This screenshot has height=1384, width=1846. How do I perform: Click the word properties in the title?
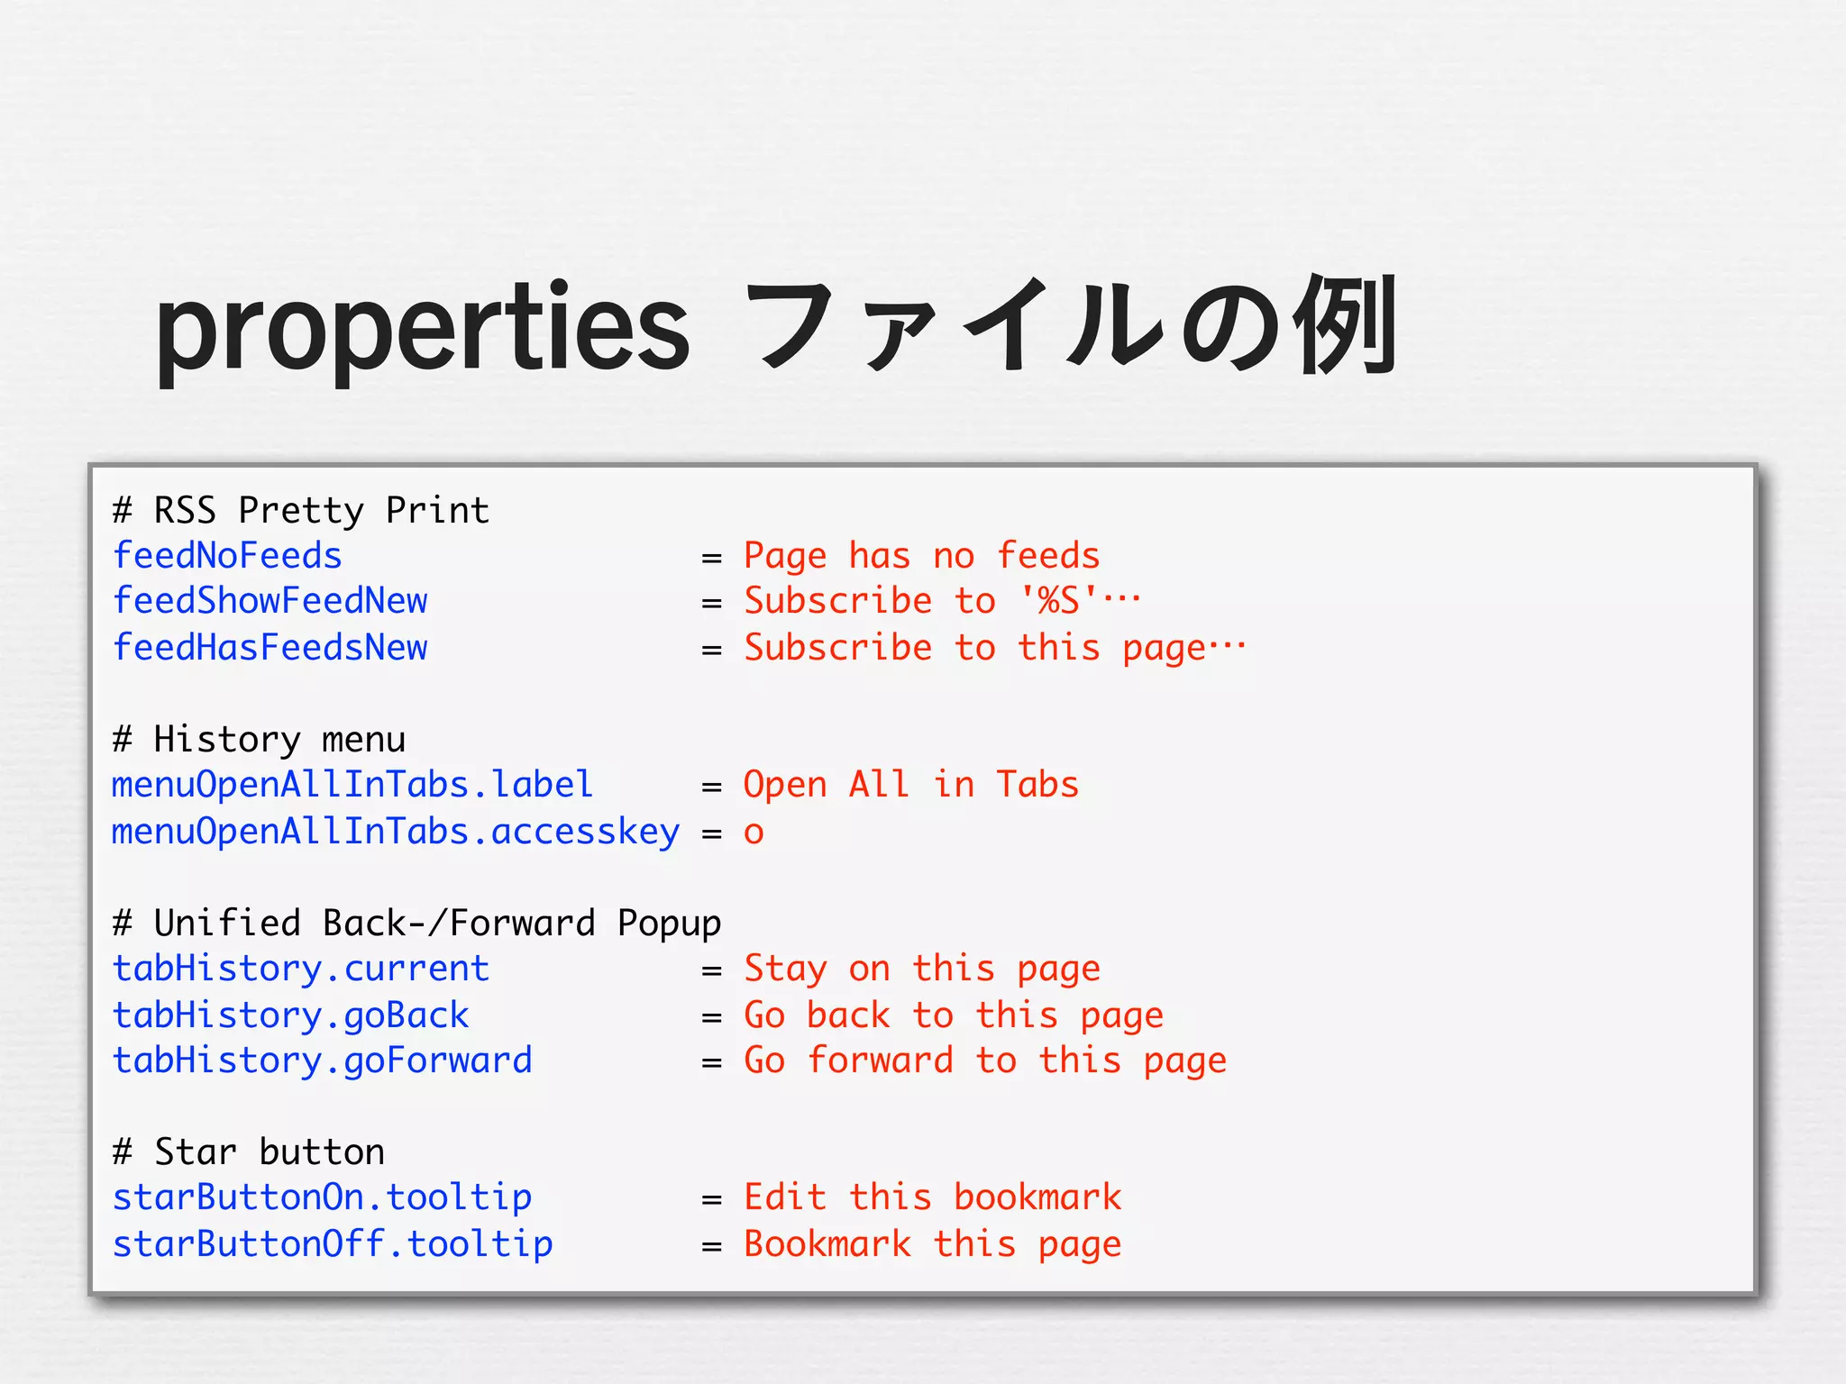coord(422,330)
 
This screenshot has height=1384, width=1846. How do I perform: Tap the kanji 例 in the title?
coord(1344,326)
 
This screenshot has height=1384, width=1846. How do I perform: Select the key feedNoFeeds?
coord(227,556)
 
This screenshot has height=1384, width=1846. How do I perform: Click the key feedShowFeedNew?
coord(270,601)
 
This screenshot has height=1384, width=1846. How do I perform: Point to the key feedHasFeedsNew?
coord(270,648)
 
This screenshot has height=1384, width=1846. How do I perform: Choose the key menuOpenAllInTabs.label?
coord(352,785)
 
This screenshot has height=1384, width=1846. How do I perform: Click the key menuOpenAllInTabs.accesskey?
coord(395,832)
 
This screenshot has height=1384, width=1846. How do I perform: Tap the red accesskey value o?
coord(754,833)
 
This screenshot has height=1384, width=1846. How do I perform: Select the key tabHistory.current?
coord(300,969)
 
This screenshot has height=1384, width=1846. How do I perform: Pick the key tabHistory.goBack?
coord(290,1015)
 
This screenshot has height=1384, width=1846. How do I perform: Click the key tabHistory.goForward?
coord(322,1061)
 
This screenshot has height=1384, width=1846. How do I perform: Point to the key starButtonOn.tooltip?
coord(322,1197)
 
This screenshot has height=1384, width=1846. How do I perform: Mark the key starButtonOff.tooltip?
coord(332,1244)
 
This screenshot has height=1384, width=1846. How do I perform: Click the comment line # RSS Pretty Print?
coord(301,511)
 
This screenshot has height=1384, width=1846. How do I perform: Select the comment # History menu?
coord(259,740)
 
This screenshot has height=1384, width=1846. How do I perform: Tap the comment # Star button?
coord(249,1152)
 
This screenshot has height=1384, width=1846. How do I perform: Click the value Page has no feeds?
coord(921,556)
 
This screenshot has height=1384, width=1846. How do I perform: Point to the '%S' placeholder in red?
coord(1059,601)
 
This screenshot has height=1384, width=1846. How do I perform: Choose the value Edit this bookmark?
coord(932,1197)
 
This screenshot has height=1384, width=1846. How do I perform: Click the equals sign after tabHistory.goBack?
coord(712,1017)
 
